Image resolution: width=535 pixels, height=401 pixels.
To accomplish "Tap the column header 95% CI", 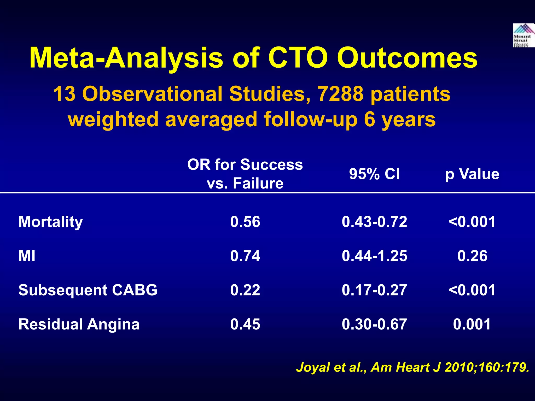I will click(x=374, y=174).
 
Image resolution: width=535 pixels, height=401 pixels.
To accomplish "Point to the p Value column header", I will click(x=472, y=174).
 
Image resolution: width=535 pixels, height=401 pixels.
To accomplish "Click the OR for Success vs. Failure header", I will click(x=245, y=174).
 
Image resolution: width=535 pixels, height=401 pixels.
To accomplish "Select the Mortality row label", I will click(x=51, y=222).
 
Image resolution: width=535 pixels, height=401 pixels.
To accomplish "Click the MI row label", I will click(x=27, y=256).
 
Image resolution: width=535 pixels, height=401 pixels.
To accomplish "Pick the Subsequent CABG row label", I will click(x=88, y=290).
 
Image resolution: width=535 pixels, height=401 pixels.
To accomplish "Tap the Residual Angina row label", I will click(x=79, y=324).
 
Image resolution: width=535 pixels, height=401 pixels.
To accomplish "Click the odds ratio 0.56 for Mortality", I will click(x=245, y=222).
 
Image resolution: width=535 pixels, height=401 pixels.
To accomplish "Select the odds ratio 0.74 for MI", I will click(x=245, y=256).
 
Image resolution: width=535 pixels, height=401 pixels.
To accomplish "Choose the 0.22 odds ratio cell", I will click(x=245, y=290).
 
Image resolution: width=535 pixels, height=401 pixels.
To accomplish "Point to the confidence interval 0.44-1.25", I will click(x=374, y=256).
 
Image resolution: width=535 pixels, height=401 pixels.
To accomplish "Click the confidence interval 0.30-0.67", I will click(x=374, y=324).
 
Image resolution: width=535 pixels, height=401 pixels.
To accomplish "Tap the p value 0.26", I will click(x=472, y=256).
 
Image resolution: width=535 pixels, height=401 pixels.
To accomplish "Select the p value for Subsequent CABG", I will click(x=472, y=290).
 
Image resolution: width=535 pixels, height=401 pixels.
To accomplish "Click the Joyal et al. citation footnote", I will click(x=413, y=368).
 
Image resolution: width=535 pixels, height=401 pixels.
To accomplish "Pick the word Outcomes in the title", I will click(x=407, y=58).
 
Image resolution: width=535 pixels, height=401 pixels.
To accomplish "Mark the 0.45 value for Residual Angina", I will click(x=245, y=324).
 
